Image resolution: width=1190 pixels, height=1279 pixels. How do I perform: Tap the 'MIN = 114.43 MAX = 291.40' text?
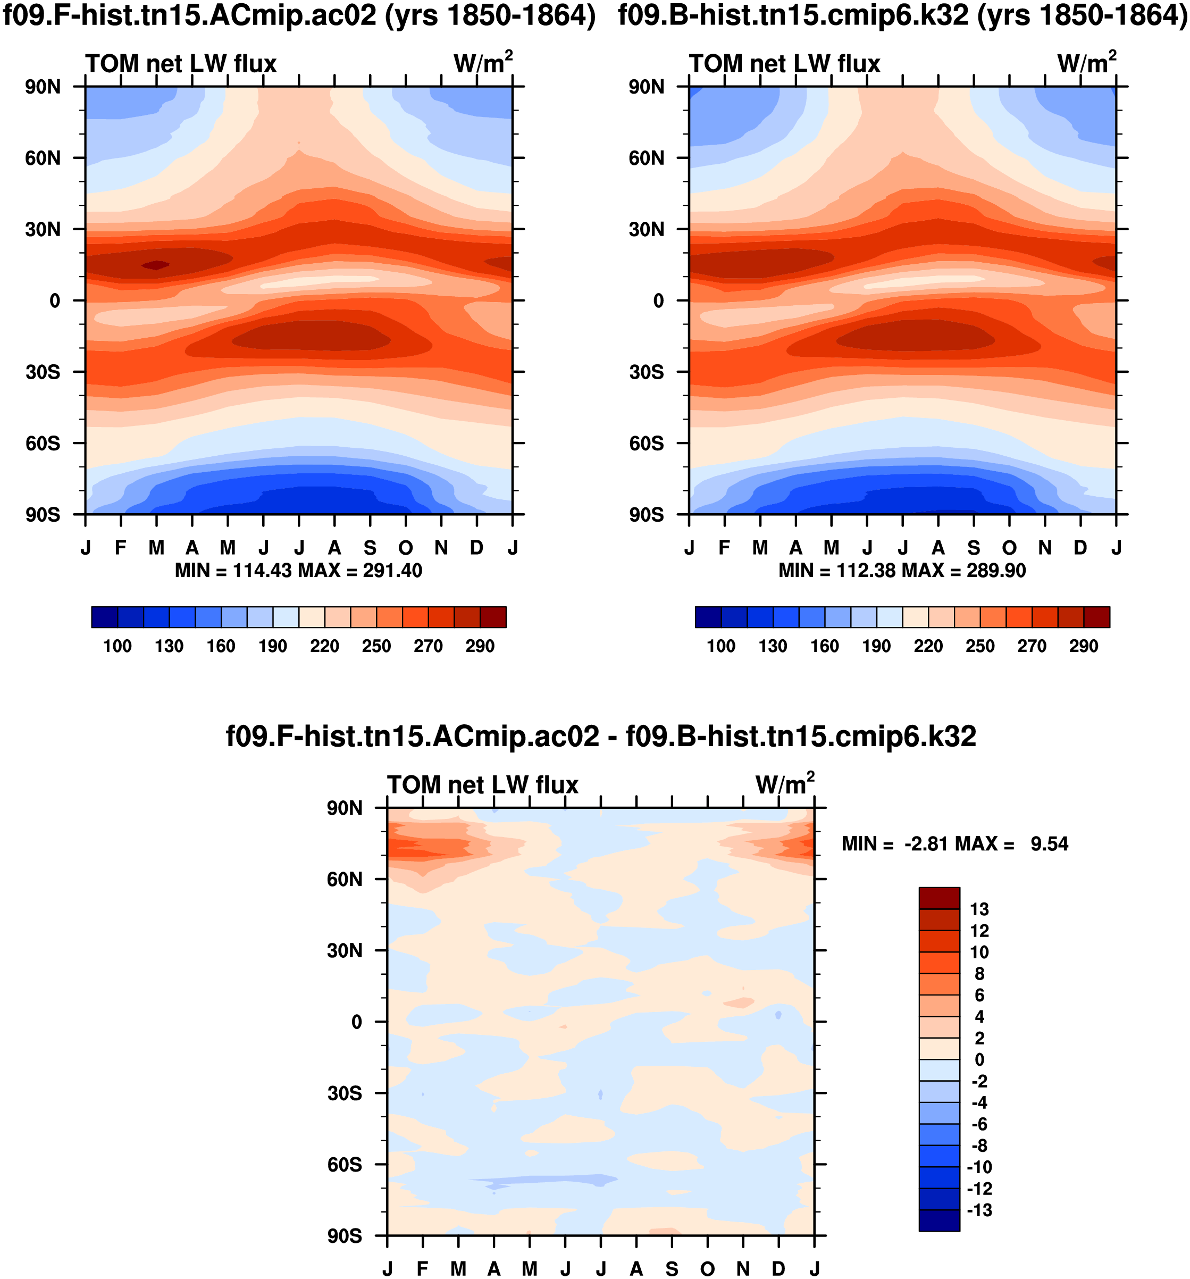click(x=298, y=571)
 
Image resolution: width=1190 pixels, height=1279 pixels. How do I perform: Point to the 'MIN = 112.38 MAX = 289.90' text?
click(x=902, y=571)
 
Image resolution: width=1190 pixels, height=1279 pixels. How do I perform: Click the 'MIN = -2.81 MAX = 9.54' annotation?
click(x=954, y=843)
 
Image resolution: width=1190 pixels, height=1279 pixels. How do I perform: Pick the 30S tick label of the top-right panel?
click(x=646, y=372)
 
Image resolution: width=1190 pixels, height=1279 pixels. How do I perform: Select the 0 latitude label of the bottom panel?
click(x=356, y=1022)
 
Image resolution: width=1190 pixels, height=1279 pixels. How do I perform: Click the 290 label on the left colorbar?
click(x=480, y=646)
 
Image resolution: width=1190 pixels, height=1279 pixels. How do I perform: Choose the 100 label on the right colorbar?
click(x=720, y=646)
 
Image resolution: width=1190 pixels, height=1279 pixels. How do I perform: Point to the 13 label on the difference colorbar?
click(x=979, y=909)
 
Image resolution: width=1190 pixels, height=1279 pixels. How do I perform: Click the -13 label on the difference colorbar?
click(x=979, y=1210)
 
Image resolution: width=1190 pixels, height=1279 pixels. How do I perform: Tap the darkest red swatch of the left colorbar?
click(x=493, y=616)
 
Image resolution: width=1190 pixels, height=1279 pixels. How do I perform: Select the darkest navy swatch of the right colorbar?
click(x=708, y=616)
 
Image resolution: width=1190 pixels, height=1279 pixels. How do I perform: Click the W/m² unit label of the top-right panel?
click(x=1086, y=62)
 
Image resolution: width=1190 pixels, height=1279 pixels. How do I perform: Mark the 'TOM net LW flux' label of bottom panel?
click(x=482, y=785)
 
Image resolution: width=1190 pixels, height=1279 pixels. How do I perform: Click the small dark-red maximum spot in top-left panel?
click(x=155, y=265)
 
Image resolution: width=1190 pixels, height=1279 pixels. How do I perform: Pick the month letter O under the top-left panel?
click(x=405, y=548)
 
